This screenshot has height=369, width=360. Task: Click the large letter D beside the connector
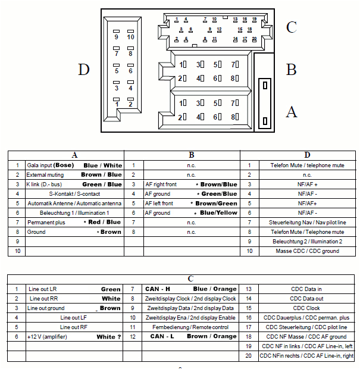pyautogui.click(x=83, y=70)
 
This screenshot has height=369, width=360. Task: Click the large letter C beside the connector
pyautogui.click(x=291, y=27)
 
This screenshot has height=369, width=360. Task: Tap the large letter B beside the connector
pyautogui.click(x=291, y=70)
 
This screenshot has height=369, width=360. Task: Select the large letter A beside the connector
pyautogui.click(x=291, y=111)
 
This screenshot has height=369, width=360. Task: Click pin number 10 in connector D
pyautogui.click(x=130, y=37)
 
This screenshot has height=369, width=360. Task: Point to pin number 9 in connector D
pyautogui.click(x=117, y=37)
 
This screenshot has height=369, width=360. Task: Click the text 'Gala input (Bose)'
pyautogui.click(x=49, y=165)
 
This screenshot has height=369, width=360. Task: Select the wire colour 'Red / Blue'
pyautogui.click(x=106, y=222)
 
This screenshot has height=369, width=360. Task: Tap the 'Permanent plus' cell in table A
pyautogui.click(x=46, y=222)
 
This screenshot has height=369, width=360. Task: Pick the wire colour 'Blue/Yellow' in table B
pyautogui.click(x=218, y=213)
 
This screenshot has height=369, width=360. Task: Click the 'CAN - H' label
pyautogui.click(x=158, y=289)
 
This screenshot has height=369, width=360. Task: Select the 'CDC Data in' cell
pyautogui.click(x=306, y=289)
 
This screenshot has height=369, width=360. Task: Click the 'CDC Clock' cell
pyautogui.click(x=306, y=308)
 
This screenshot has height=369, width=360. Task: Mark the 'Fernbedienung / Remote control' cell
pyautogui.click(x=190, y=327)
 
